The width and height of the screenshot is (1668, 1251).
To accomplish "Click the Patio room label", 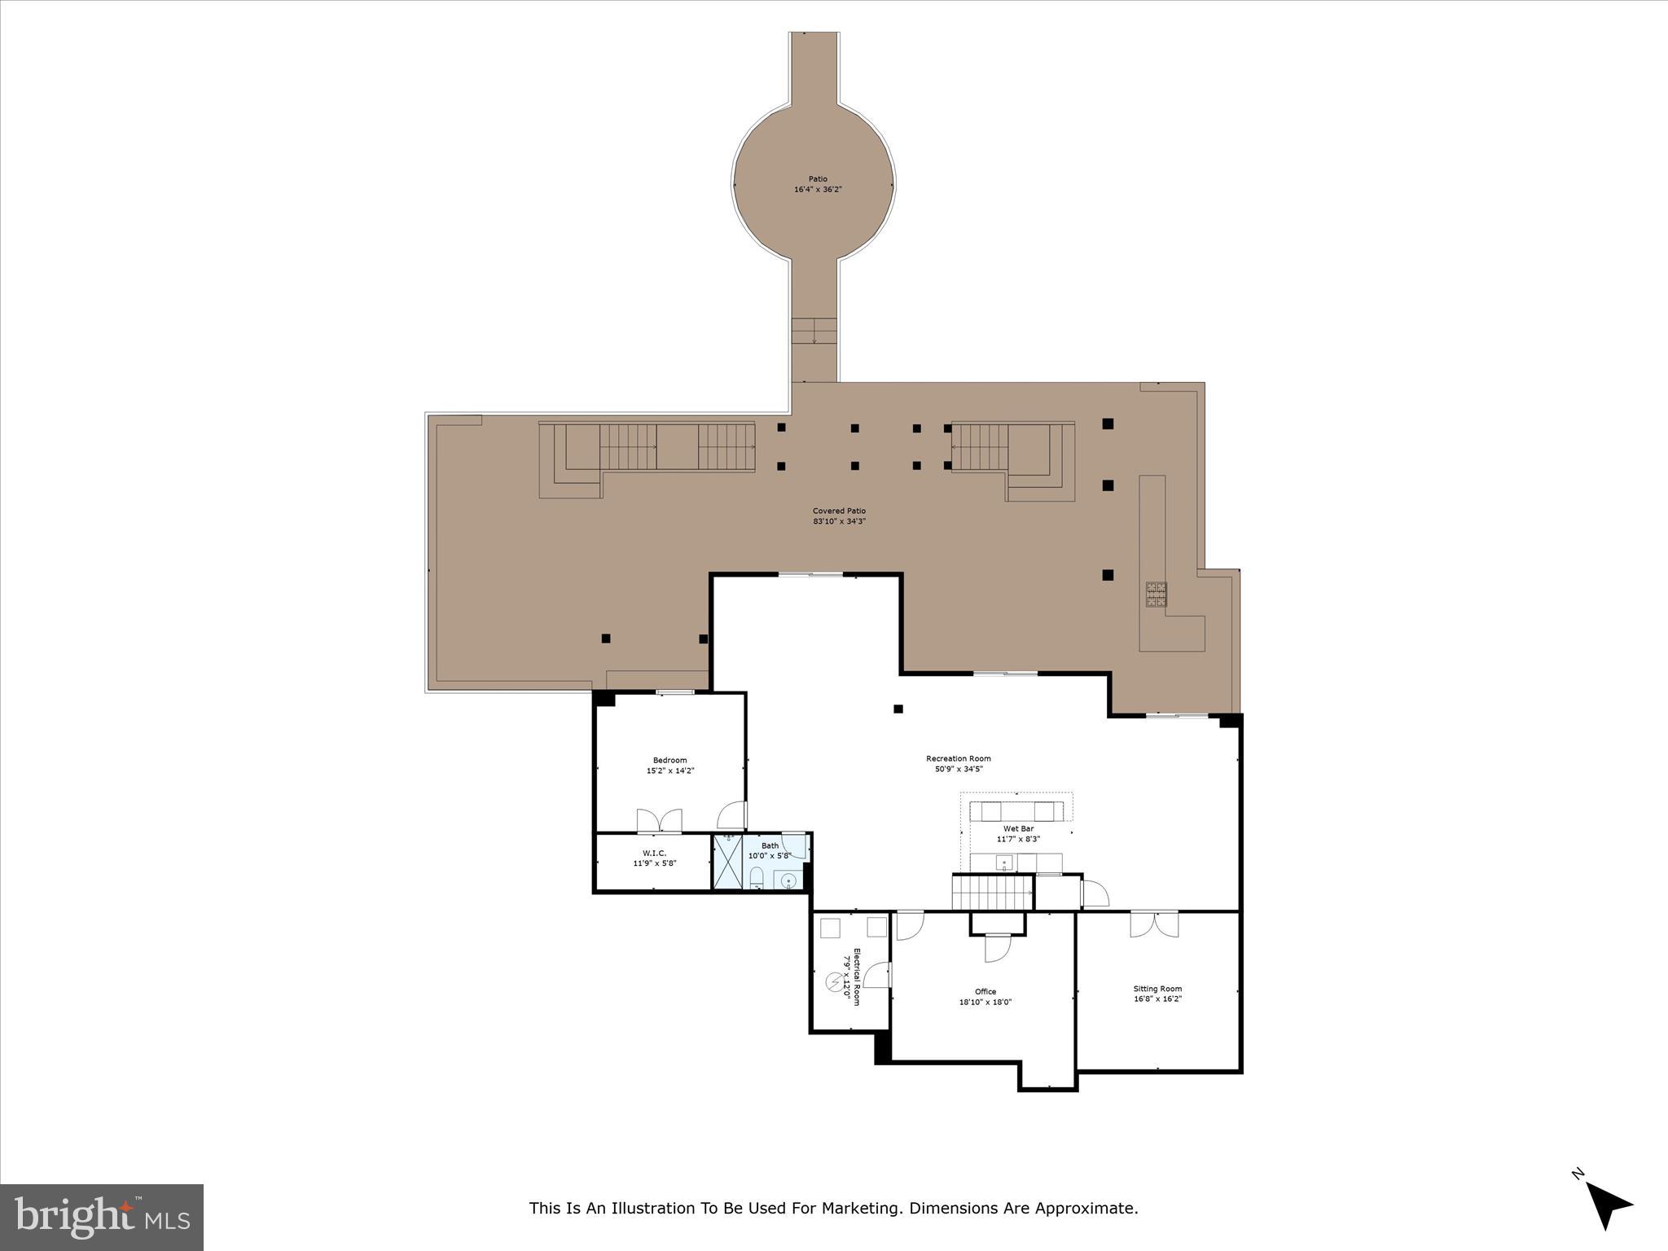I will (x=818, y=179).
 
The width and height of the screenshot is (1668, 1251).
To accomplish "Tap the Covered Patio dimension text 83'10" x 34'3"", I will (x=839, y=521).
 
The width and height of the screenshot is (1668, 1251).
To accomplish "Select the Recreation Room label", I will (x=958, y=758).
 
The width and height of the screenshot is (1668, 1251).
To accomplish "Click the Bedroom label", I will (x=669, y=760).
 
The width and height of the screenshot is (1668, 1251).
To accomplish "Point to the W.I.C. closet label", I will (x=654, y=853).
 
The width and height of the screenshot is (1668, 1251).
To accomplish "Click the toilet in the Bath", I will (x=757, y=878).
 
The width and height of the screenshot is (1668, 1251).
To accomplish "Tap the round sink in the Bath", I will (x=788, y=880).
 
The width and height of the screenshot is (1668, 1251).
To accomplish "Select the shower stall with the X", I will (x=726, y=863).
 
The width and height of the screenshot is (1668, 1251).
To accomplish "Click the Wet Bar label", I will (x=1018, y=828).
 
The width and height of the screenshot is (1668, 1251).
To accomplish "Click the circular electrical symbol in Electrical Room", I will (x=834, y=983).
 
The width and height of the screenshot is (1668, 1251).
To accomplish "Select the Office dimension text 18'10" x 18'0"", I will (x=985, y=1003).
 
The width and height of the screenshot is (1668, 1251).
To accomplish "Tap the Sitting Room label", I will (x=1157, y=989).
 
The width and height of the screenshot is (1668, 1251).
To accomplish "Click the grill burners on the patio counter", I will (x=1157, y=594).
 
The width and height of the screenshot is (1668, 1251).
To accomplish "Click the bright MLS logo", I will (x=102, y=1217).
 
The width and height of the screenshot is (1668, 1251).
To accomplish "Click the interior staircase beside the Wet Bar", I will (x=991, y=892).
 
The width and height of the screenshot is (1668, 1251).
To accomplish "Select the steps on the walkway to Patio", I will (x=814, y=331).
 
